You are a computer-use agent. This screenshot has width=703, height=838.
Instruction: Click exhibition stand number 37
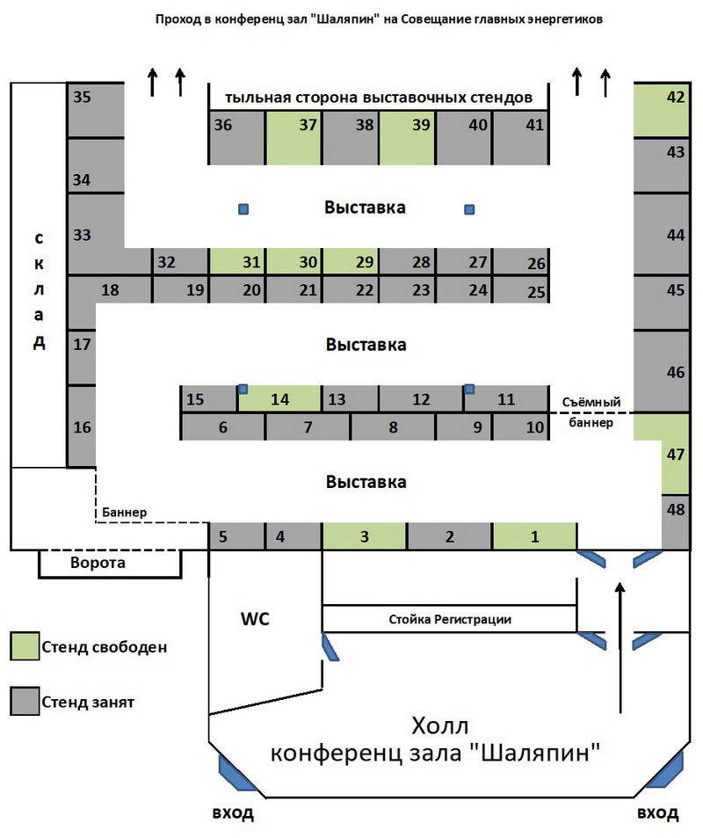[x=294, y=138]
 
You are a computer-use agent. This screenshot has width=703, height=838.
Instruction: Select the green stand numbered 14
[x=280, y=399]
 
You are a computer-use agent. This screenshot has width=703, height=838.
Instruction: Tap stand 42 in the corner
[x=662, y=110]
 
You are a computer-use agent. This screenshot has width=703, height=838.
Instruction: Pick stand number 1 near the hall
[x=534, y=536]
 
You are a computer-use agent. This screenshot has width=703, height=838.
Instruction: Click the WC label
[x=256, y=619]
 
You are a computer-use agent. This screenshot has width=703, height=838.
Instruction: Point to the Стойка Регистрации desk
[x=449, y=619]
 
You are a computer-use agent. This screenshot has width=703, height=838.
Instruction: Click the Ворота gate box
[x=110, y=564]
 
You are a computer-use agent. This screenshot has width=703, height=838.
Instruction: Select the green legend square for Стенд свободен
[x=25, y=646]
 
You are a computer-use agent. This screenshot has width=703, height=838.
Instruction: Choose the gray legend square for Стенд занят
[x=25, y=701]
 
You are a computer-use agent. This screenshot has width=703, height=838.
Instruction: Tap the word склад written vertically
[x=39, y=290]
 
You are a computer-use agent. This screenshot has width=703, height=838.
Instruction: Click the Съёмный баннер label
[x=591, y=412]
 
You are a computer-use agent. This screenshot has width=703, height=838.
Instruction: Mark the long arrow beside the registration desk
[x=620, y=648]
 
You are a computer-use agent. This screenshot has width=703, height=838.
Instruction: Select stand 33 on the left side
[x=96, y=235]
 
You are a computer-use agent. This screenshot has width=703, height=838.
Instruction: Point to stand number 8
[x=393, y=427]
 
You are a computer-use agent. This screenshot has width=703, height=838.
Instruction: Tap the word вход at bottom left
[x=233, y=813]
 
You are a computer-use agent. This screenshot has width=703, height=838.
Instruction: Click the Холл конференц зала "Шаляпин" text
[x=435, y=740]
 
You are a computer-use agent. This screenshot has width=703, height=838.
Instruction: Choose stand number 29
[x=350, y=262]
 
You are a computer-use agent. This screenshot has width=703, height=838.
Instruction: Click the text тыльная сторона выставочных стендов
[x=379, y=98]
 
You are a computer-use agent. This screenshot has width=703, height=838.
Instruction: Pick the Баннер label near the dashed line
[x=125, y=512]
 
